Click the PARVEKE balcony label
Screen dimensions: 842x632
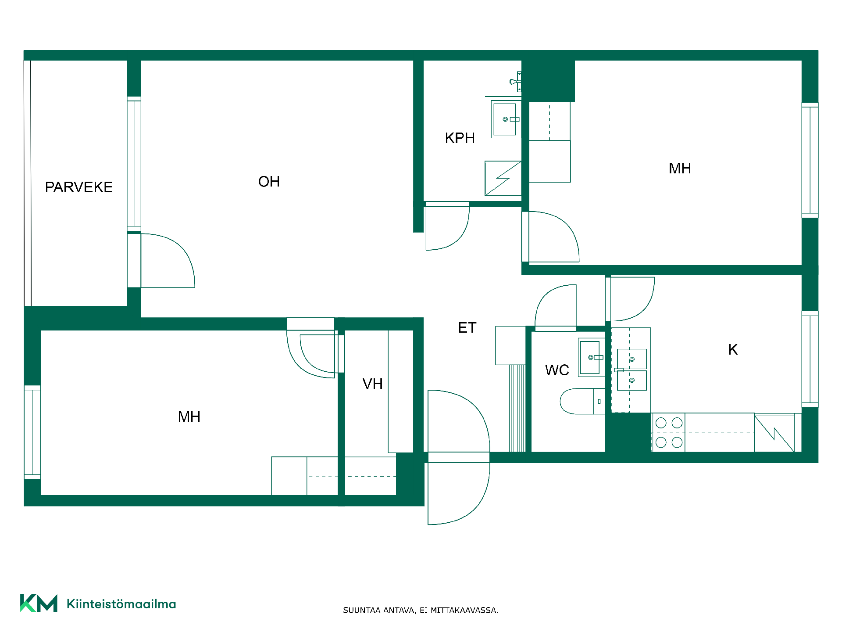(x=79, y=187)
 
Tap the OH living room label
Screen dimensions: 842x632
(x=269, y=182)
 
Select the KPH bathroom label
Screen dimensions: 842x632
(x=460, y=138)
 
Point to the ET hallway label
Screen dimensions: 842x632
(x=467, y=328)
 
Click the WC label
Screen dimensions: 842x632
(x=557, y=370)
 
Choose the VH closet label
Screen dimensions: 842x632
(x=373, y=384)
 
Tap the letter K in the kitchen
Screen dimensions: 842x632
(x=733, y=350)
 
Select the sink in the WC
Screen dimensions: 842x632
(x=592, y=357)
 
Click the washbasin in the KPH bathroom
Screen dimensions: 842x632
(x=506, y=119)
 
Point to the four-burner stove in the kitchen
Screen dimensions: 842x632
(x=668, y=432)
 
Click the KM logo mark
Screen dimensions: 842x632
(x=39, y=603)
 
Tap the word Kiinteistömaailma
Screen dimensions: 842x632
(x=121, y=604)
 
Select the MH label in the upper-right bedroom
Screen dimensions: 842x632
(x=680, y=169)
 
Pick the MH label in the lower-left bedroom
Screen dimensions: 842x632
(x=189, y=417)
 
